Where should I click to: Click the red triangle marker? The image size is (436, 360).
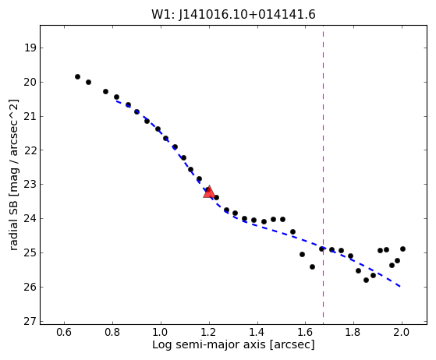(x=209, y=192)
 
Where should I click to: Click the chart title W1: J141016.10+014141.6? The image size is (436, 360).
(x=233, y=15)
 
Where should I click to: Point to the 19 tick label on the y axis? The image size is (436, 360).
(x=30, y=48)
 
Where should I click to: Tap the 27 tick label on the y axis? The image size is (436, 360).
(x=30, y=321)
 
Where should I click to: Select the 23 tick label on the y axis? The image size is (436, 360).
(x=30, y=185)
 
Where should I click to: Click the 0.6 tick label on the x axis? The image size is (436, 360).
(x=64, y=332)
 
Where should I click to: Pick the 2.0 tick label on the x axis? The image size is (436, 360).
(x=402, y=332)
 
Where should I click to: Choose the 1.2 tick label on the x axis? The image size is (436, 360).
(x=209, y=332)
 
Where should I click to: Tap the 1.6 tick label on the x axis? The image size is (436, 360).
(x=305, y=332)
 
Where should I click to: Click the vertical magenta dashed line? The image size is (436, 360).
(x=323, y=175)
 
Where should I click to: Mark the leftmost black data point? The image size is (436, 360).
(x=77, y=76)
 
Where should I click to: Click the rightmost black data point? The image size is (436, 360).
(x=402, y=249)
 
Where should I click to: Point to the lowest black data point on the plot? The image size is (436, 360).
(x=367, y=280)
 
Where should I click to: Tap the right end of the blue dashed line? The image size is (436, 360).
(x=400, y=287)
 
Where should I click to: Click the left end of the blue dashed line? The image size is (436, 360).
(x=116, y=101)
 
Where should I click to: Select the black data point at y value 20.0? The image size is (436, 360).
(x=88, y=83)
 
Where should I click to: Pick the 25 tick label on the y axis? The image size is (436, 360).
(x=30, y=252)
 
